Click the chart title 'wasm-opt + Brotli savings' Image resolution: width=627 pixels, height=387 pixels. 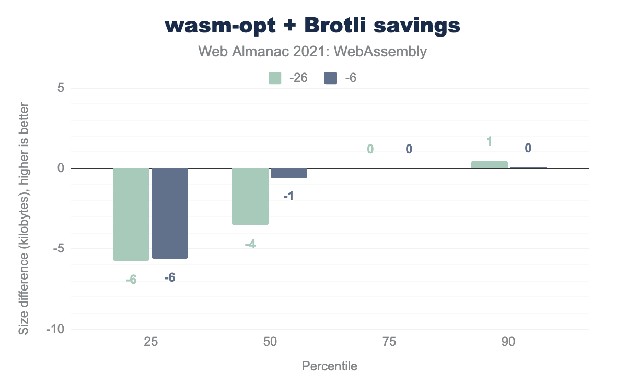coord(313,26)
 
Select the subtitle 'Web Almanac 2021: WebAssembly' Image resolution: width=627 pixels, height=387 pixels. coord(313,52)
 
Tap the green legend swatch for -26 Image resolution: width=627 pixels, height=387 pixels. coord(275,78)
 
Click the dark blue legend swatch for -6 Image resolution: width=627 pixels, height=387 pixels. coord(331,78)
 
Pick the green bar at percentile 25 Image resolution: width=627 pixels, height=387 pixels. coord(131,214)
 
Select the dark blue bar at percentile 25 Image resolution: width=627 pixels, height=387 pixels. coord(170,213)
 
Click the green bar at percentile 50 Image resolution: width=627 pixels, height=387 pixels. coord(250,197)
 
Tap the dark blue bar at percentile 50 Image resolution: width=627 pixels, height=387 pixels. coord(289,173)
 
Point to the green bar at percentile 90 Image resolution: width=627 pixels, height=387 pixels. coord(490,164)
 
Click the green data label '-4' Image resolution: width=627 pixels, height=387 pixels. coord(250,244)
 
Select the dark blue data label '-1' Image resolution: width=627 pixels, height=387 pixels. coord(289,197)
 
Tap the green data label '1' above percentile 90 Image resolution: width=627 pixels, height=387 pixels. coord(490,141)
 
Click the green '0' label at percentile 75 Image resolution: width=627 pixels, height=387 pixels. coord(370,149)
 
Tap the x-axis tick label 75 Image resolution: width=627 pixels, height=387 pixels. coord(389,343)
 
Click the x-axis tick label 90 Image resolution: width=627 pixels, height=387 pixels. coord(508,343)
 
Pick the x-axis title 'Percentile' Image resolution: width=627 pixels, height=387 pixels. coord(330,366)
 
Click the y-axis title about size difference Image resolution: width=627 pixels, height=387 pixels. coord(24,219)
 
